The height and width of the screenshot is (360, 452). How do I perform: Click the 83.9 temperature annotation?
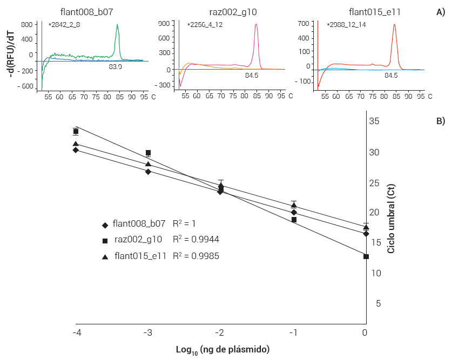115,67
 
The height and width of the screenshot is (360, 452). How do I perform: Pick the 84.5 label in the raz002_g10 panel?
252,76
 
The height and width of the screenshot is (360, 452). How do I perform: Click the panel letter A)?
440,12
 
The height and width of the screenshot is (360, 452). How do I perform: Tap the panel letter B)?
440,121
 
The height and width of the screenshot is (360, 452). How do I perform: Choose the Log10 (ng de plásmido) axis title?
222,350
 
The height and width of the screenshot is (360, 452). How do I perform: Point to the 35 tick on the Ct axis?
374,121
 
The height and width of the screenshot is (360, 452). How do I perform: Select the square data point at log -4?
76,132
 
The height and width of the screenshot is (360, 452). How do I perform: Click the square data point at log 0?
366,256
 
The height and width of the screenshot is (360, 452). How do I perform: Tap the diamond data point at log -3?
148,172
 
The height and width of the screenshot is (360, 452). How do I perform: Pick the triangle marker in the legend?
105,257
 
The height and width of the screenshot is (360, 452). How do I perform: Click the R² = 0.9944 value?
195,240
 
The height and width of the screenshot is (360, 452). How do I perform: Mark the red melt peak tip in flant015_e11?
394,25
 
